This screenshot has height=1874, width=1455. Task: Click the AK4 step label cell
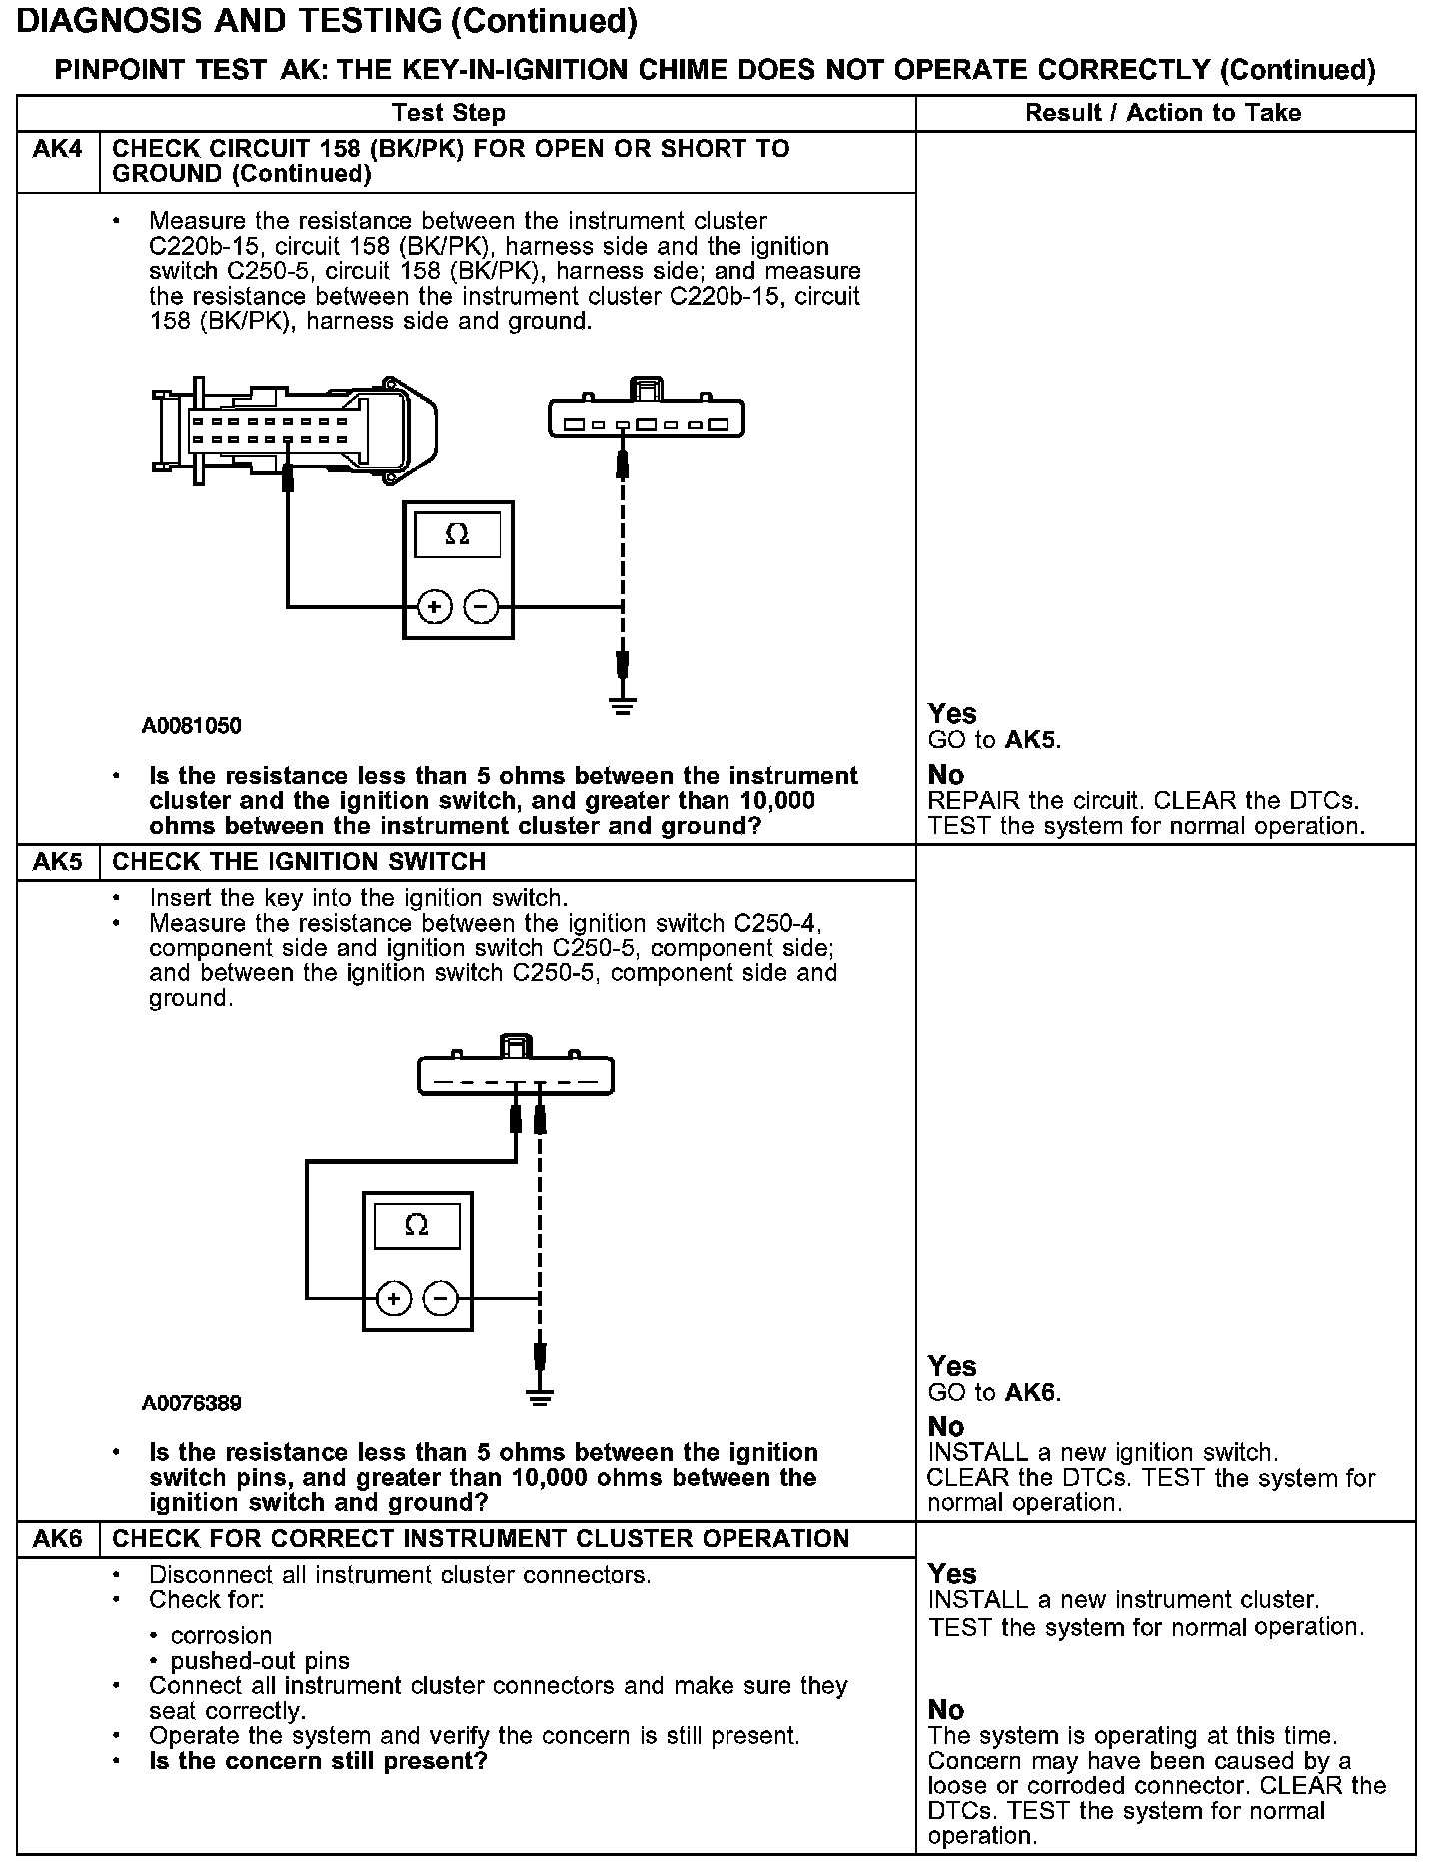pos(58,150)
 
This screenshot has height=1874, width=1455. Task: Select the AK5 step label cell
pos(58,862)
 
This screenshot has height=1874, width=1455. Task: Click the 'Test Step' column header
pos(449,113)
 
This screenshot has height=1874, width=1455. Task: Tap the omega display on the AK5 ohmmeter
pos(417,1226)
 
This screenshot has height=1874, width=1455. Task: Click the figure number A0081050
pos(192,726)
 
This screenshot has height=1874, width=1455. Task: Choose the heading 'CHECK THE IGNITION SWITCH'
pos(299,862)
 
